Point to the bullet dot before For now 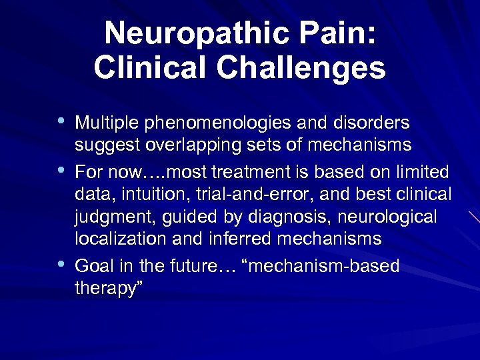tap(61, 170)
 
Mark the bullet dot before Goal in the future tap(61, 265)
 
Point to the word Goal tap(92, 267)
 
